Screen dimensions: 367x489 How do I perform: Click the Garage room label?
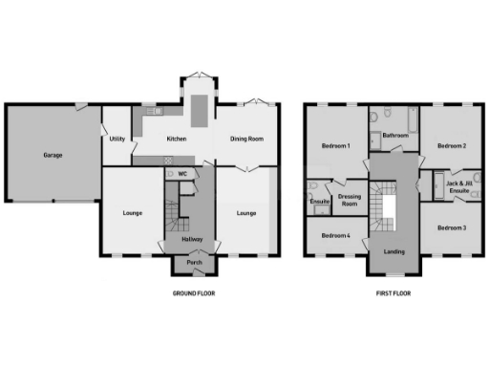53,154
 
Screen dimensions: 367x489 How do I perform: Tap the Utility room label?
117,140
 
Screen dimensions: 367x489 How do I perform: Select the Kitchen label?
177,140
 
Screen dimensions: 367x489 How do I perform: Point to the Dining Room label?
246,140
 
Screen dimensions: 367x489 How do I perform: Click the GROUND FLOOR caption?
194,293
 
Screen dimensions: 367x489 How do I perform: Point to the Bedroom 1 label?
335,146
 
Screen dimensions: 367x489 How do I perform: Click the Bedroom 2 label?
452,146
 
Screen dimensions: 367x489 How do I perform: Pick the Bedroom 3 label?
452,227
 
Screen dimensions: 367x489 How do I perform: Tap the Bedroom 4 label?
335,235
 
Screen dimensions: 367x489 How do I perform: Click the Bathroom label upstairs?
395,136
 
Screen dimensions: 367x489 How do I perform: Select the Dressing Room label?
350,200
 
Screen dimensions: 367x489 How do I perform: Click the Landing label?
393,251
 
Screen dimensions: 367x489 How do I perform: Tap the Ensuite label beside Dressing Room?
320,201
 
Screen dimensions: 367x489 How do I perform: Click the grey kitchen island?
197,110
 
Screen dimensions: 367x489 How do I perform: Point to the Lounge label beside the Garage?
133,212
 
